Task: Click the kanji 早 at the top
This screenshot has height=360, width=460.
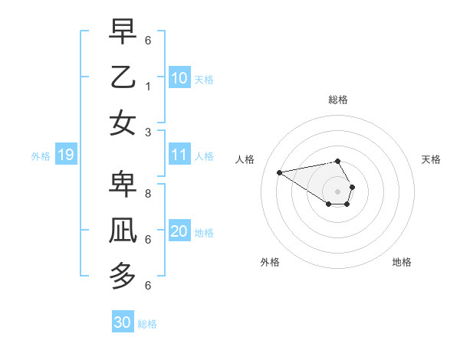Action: [123, 32]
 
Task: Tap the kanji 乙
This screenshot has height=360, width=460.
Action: [123, 77]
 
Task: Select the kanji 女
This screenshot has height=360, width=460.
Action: [123, 123]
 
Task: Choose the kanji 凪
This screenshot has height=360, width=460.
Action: [123, 231]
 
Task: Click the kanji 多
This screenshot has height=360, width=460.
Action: [123, 276]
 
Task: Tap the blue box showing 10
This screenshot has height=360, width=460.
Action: [179, 77]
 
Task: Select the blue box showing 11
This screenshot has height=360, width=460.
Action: [179, 155]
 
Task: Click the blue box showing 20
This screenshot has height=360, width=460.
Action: [179, 231]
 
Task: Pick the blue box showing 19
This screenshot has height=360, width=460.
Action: [65, 155]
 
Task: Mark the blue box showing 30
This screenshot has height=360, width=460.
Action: [122, 322]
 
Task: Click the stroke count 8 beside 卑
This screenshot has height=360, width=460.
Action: [147, 194]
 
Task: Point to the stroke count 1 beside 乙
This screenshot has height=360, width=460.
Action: [147, 87]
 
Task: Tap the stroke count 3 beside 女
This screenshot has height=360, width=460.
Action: [147, 132]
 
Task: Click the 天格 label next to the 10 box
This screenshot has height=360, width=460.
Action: [204, 79]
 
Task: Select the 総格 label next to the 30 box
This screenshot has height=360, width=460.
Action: [147, 324]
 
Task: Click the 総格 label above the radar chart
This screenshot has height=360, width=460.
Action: [337, 100]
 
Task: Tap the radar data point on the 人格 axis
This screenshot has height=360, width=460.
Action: [279, 172]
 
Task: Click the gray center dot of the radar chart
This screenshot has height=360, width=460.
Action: [337, 191]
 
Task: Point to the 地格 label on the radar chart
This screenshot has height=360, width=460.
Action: [402, 262]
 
